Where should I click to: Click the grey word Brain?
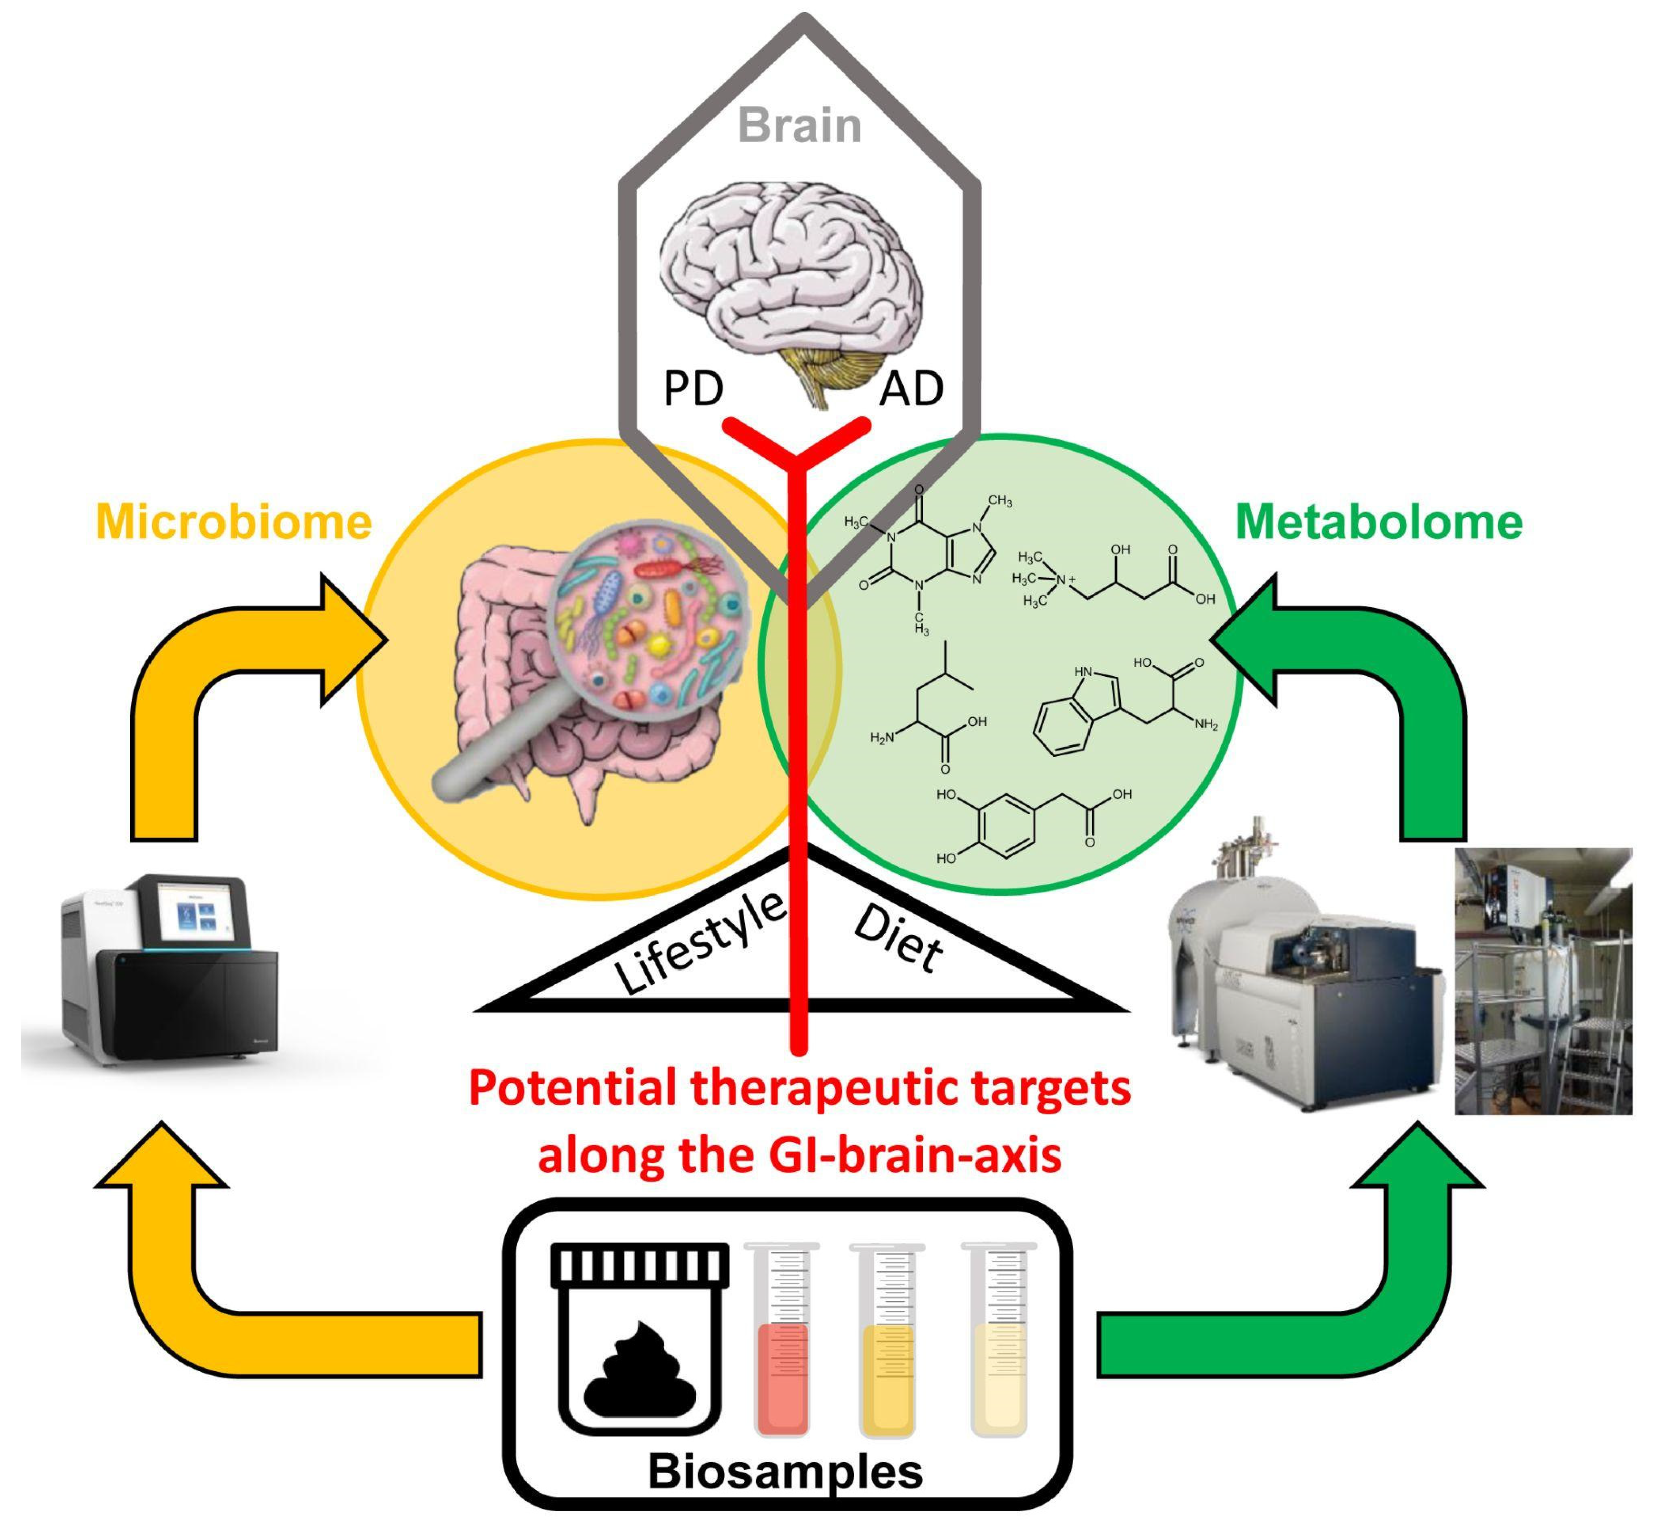[x=799, y=126]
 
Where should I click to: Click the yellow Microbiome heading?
[x=234, y=522]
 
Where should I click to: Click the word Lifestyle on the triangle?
[x=700, y=943]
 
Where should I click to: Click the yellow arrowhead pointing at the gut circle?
[x=352, y=641]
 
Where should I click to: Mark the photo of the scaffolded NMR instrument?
[x=1543, y=981]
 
